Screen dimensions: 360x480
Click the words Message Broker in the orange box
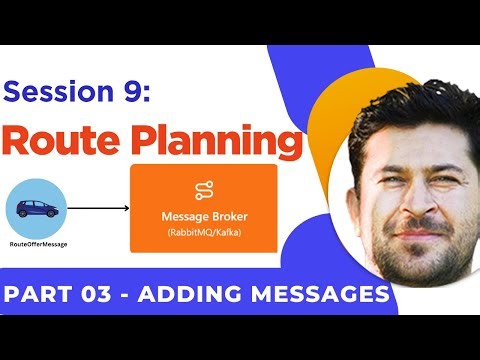pyautogui.click(x=204, y=217)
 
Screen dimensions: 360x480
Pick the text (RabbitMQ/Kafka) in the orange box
pyautogui.click(x=204, y=235)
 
